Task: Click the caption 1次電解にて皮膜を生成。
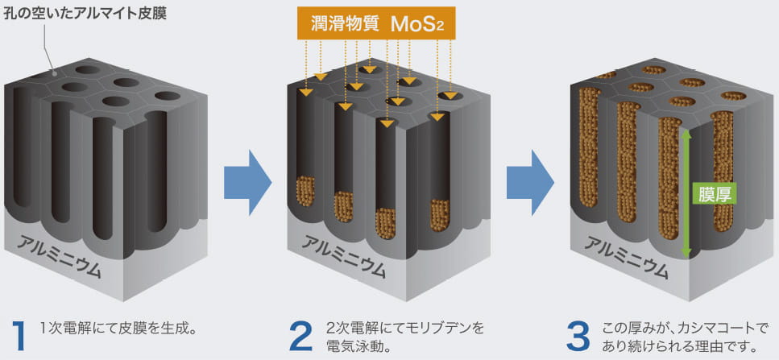coord(118,329)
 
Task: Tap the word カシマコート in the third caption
coord(707,329)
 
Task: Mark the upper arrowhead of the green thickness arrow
coord(686,135)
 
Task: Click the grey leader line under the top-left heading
coord(48,48)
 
